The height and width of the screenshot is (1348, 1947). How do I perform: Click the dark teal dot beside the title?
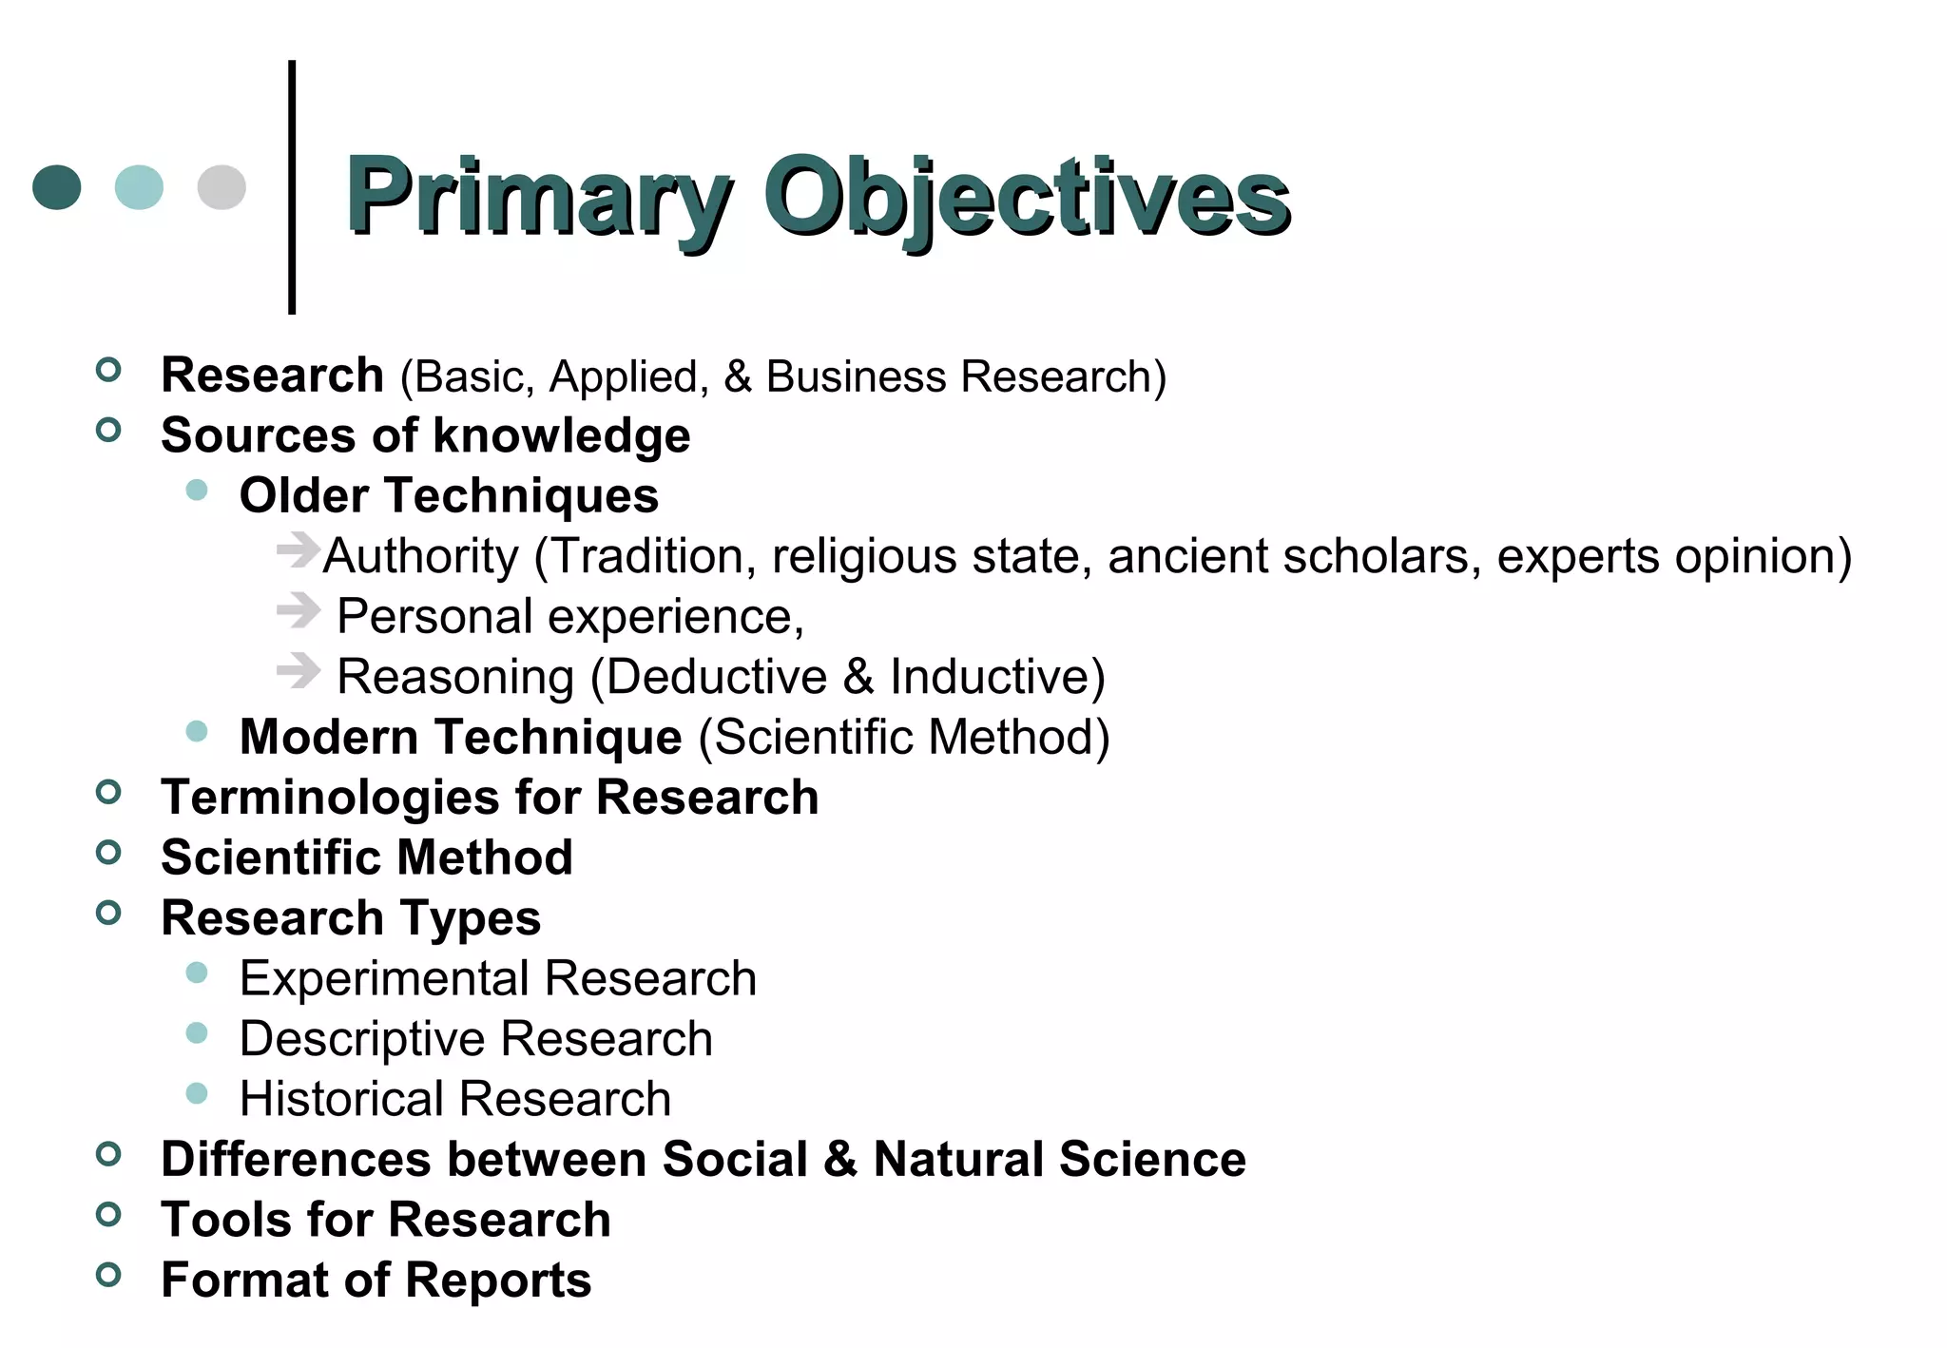pyautogui.click(x=57, y=186)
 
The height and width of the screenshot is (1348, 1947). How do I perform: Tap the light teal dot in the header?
pyautogui.click(x=139, y=186)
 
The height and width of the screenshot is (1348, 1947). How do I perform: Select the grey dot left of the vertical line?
pyautogui.click(x=222, y=186)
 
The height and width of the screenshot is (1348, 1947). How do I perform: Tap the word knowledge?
pyautogui.click(x=561, y=436)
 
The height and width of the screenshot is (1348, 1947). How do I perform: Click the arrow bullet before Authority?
pyautogui.click(x=298, y=549)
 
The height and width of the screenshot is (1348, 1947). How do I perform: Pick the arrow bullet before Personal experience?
pyautogui.click(x=298, y=610)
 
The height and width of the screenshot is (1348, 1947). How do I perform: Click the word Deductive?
pyautogui.click(x=716, y=677)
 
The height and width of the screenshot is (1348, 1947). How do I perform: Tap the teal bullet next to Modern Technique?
pyautogui.click(x=197, y=731)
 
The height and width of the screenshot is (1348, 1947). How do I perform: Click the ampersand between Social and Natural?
pyautogui.click(x=840, y=1160)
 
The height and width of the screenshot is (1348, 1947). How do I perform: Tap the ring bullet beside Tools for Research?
pyautogui.click(x=109, y=1214)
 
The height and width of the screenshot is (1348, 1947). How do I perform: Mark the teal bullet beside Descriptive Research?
pyautogui.click(x=197, y=1032)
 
